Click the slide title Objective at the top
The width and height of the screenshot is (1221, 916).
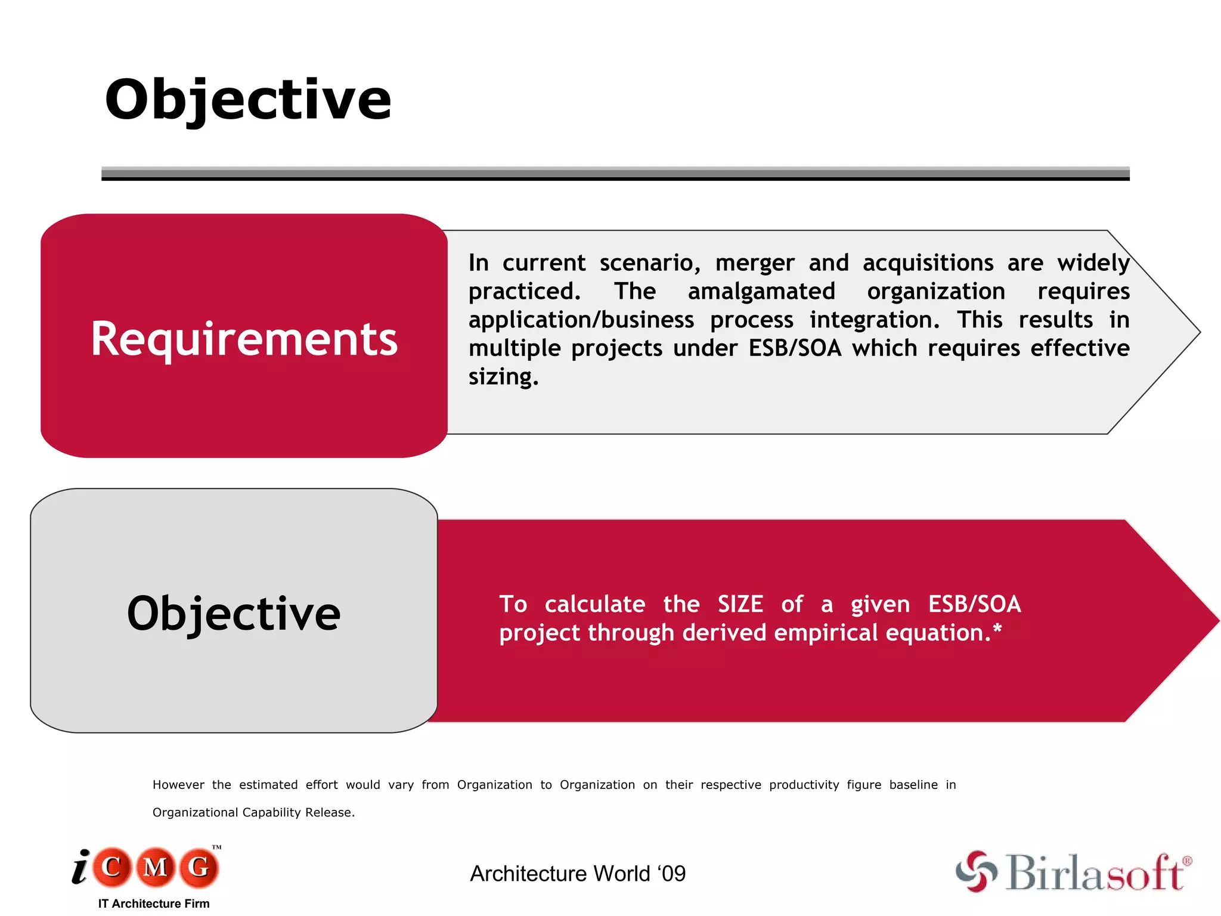click(x=248, y=100)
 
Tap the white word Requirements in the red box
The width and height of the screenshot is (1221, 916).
click(x=244, y=339)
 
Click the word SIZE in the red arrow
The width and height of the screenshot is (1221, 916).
click(x=740, y=604)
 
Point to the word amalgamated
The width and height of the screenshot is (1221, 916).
click(x=761, y=292)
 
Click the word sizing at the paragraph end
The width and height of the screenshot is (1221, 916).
click(x=503, y=377)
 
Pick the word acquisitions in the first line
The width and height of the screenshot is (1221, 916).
click(x=928, y=263)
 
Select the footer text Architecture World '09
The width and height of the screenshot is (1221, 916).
click(x=578, y=874)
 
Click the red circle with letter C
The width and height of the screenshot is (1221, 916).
click(x=111, y=867)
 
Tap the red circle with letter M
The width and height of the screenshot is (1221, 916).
click(x=156, y=867)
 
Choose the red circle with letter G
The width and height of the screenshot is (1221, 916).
click(x=199, y=867)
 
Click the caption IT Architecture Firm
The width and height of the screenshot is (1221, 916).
click(x=154, y=903)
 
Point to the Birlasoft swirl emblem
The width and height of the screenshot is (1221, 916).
click(x=976, y=871)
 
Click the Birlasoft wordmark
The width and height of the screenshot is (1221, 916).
click(x=1096, y=872)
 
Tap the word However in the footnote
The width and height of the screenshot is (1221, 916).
click(x=178, y=785)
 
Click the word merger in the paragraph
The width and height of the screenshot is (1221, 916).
click(x=755, y=263)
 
